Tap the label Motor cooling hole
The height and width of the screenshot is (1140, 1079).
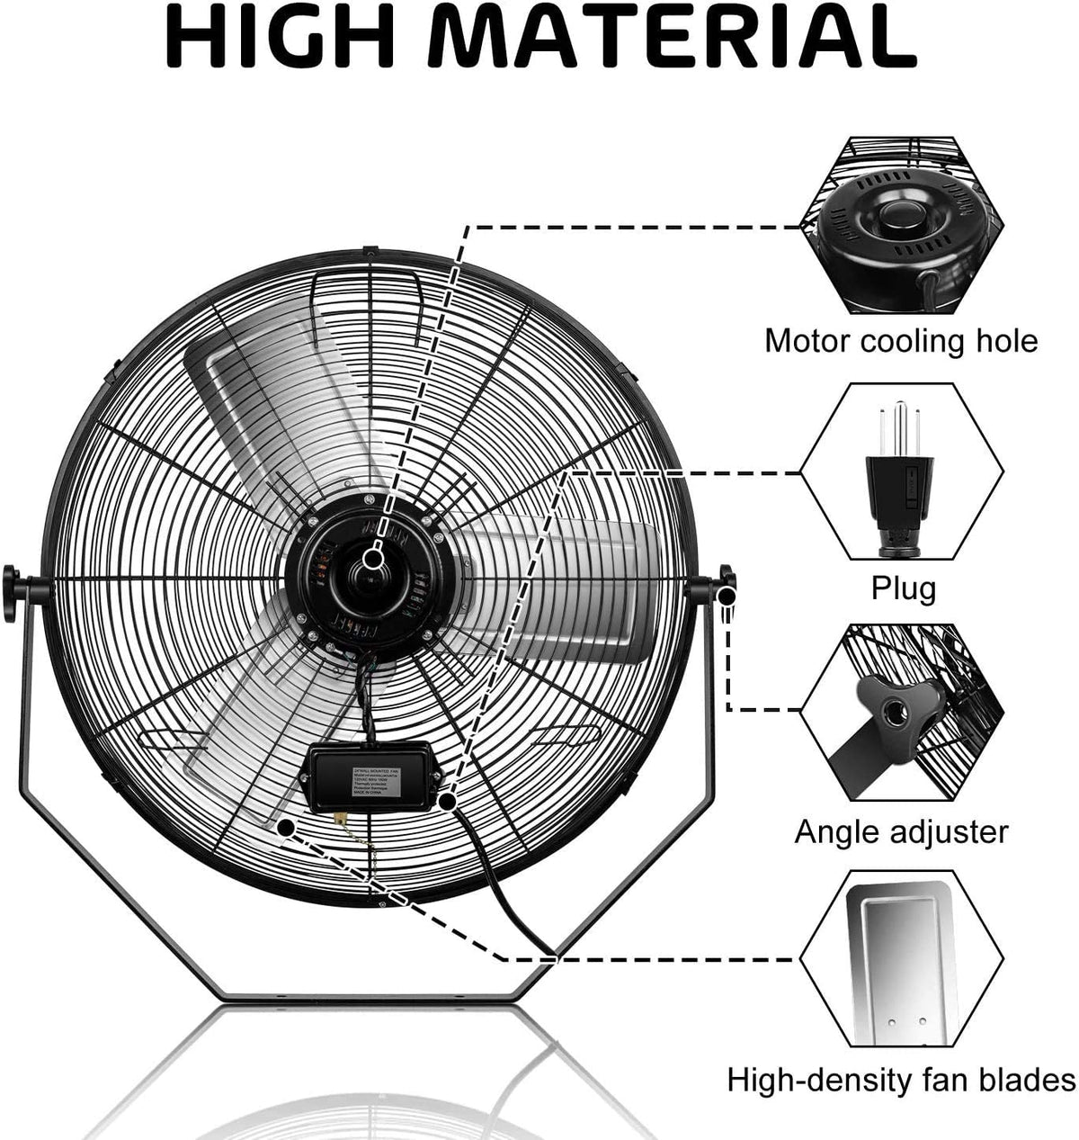coord(901,341)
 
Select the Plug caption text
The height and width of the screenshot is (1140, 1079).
coord(903,588)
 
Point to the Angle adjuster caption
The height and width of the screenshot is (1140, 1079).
coord(901,831)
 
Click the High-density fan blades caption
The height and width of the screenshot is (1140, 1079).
coord(901,1079)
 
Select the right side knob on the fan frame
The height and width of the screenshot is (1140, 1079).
coord(725,586)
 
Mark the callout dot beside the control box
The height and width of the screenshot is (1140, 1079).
coord(447,799)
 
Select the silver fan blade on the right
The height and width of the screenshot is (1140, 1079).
coord(575,585)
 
